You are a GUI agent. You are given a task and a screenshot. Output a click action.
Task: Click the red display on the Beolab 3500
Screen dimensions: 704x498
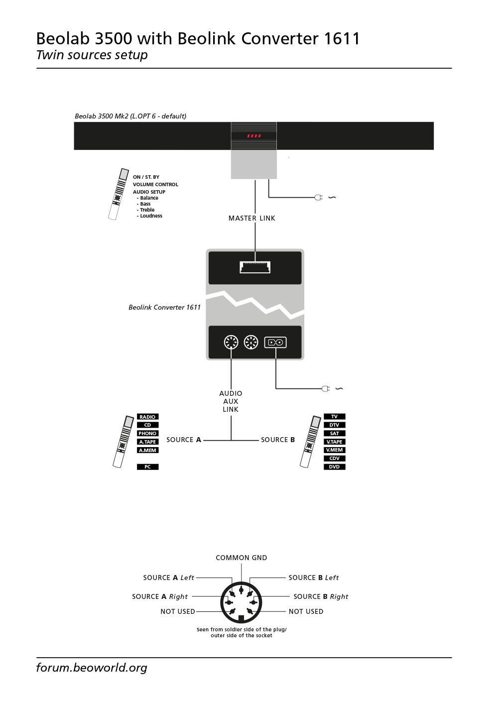254,136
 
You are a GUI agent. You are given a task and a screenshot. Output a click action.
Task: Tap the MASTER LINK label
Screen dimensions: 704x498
251,218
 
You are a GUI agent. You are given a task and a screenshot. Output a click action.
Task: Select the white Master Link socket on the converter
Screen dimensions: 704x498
255,267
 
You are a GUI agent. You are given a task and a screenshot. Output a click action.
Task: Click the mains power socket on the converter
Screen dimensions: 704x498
275,342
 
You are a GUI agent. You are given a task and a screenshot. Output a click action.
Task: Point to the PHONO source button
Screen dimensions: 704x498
147,433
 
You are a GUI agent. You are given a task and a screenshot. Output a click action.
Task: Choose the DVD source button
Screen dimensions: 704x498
334,467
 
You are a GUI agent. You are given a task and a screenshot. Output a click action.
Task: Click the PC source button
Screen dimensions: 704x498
147,467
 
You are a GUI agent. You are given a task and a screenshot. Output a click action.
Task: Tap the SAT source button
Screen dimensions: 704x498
334,433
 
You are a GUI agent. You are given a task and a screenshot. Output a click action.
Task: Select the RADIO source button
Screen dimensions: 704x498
147,417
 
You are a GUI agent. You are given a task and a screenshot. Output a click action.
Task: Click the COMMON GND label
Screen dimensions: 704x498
241,558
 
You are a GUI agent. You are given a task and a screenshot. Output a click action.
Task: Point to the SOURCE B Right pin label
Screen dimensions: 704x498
321,596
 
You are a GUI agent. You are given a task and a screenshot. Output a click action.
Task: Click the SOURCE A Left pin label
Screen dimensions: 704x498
168,578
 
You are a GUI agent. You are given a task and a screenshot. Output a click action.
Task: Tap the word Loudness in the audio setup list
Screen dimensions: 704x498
151,216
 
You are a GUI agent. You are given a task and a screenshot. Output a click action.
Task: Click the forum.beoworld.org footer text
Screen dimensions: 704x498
92,667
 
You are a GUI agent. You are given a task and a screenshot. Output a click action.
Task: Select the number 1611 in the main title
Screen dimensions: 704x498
342,38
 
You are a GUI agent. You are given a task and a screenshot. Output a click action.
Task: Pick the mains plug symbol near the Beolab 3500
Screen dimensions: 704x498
319,198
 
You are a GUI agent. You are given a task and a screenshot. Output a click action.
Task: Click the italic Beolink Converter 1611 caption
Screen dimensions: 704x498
164,307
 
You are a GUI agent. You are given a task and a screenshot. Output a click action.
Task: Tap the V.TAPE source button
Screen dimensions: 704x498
334,442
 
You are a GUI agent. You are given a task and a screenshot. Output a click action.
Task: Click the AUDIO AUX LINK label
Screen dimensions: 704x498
231,401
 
